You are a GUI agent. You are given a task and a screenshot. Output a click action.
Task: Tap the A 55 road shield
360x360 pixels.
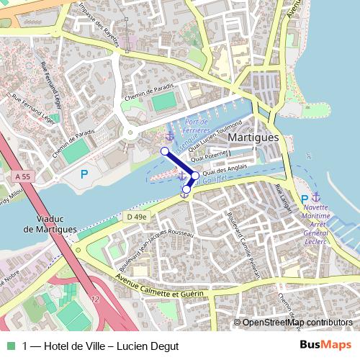click(22, 176)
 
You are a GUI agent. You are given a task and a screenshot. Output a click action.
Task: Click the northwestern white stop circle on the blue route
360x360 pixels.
click(164, 150)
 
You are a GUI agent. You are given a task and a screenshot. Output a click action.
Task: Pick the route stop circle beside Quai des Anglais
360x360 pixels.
click(195, 175)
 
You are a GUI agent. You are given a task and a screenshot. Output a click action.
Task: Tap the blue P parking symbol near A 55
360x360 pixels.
click(84, 173)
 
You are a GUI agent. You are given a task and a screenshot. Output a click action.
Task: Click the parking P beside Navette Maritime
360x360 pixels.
click(305, 199)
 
